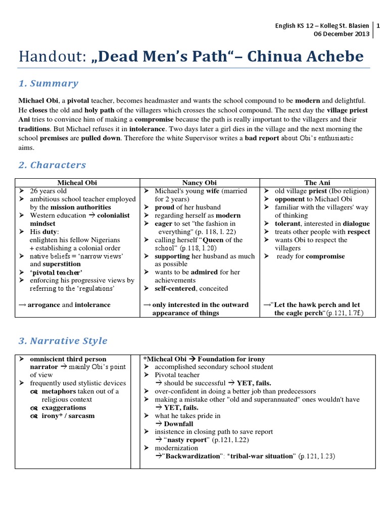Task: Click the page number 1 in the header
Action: click(379, 26)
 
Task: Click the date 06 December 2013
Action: click(342, 34)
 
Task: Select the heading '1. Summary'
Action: click(48, 84)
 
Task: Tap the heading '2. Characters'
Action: click(52, 165)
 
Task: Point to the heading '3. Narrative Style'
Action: click(63, 341)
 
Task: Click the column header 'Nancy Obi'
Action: click(199, 183)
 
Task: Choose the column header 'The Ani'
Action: click(318, 183)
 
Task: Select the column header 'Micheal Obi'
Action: click(77, 183)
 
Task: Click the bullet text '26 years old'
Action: click(48, 191)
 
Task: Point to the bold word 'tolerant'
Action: click(286, 224)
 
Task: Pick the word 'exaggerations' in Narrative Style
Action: click(64, 408)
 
